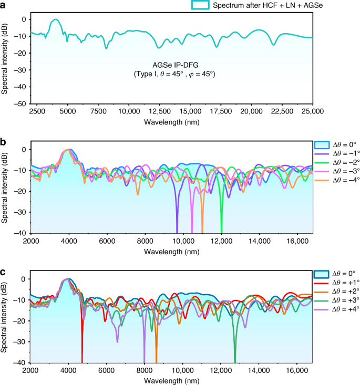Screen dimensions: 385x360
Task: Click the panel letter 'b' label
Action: coord(4,142)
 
